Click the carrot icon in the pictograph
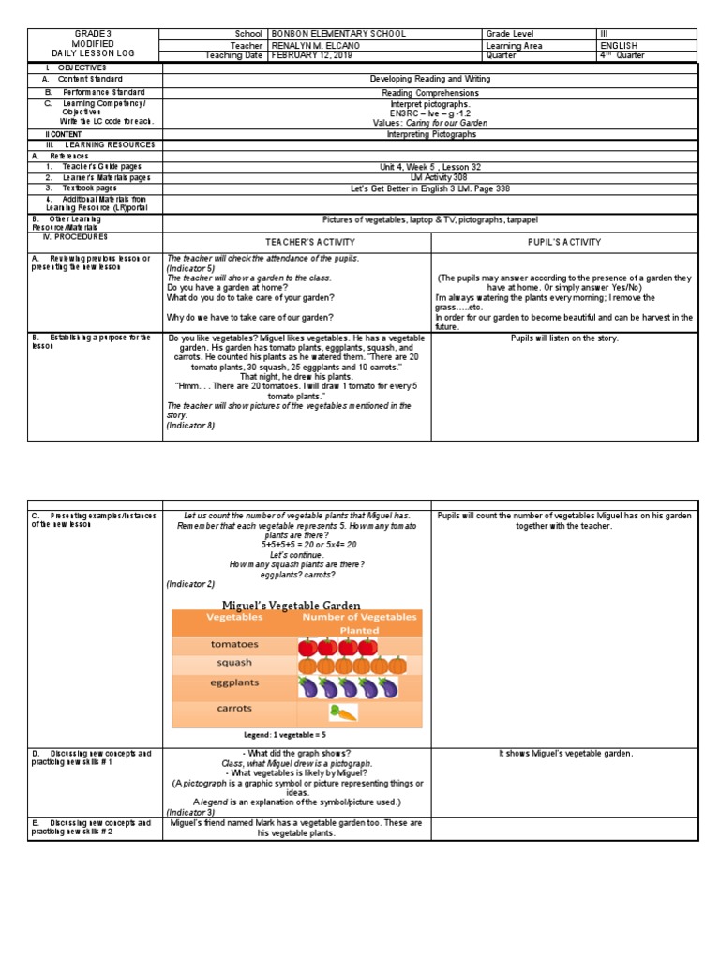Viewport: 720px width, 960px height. click(x=343, y=712)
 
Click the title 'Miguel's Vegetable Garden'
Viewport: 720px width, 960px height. click(x=291, y=606)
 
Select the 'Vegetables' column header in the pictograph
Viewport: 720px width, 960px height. click(x=234, y=618)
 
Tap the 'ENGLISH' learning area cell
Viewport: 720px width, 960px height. click(x=619, y=45)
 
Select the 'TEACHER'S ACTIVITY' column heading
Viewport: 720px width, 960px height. click(x=296, y=242)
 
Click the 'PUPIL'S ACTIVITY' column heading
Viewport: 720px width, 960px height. click(x=564, y=242)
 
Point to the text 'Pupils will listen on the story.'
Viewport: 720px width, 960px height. click(x=564, y=337)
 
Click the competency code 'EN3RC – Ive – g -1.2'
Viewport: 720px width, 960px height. click(x=429, y=113)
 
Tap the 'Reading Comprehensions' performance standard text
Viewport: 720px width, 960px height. click(x=429, y=93)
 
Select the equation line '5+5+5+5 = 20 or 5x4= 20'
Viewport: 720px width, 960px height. click(x=296, y=544)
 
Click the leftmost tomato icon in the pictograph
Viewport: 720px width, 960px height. click(x=307, y=647)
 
